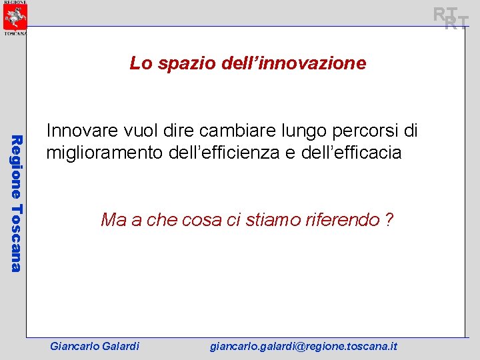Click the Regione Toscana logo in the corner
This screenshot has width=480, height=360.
coord(13,18)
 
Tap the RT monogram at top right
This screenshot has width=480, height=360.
coord(451,18)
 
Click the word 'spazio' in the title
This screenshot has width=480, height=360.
coord(179,63)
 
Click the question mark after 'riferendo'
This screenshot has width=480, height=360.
coord(389,219)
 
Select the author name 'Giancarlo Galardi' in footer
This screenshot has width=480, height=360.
coord(95,346)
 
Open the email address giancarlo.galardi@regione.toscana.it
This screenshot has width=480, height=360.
coord(303,346)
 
